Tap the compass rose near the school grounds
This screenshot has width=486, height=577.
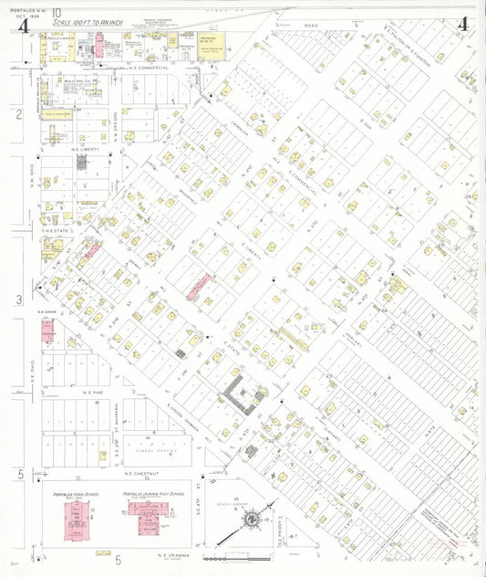pos(248,519)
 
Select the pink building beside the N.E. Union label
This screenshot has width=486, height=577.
pos(46,330)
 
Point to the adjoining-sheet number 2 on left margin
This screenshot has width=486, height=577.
pos(18,114)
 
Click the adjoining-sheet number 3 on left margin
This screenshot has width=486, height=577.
pos(18,299)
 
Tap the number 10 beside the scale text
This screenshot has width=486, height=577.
pos(57,11)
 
